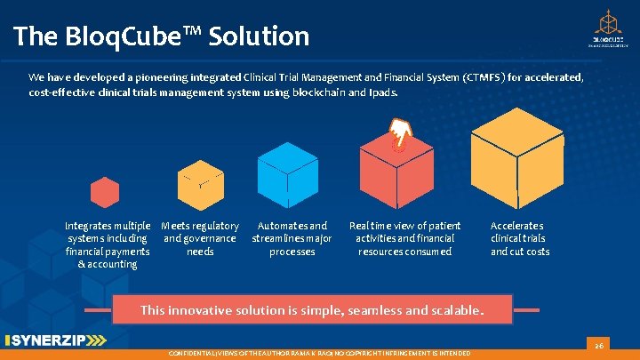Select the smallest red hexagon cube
(105, 192)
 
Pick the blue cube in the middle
(287, 173)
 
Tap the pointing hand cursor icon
(403, 133)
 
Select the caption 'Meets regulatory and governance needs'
(200, 238)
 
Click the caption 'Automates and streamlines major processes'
(292, 238)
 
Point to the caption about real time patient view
(404, 238)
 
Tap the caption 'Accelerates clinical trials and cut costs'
(520, 238)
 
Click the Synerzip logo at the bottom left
(55, 340)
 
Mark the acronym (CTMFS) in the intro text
(480, 77)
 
